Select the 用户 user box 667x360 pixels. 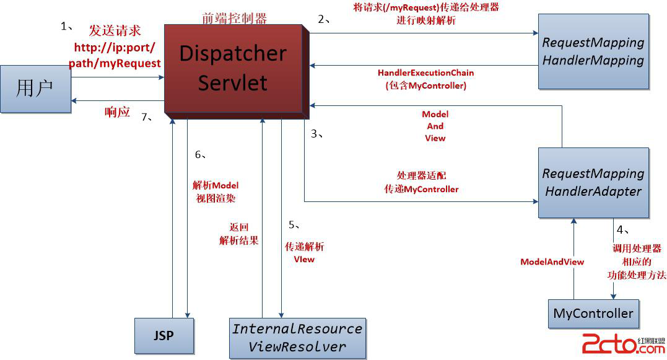click(x=35, y=89)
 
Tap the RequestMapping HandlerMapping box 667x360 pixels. click(x=593, y=51)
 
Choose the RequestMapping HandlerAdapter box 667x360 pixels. click(x=593, y=182)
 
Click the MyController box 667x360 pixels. click(x=593, y=314)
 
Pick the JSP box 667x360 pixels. click(x=164, y=335)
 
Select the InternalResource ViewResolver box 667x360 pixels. click(x=297, y=338)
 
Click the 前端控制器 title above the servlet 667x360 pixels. click(x=235, y=19)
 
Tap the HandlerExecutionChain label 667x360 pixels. click(x=425, y=73)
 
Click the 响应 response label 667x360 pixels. click(x=117, y=112)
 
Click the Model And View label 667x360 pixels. click(x=435, y=126)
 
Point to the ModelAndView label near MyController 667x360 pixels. click(x=552, y=262)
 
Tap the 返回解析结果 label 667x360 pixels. click(x=238, y=234)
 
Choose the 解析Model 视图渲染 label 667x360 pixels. click(x=216, y=192)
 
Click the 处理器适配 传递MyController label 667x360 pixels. click(x=421, y=182)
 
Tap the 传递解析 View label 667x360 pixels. click(x=304, y=253)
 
